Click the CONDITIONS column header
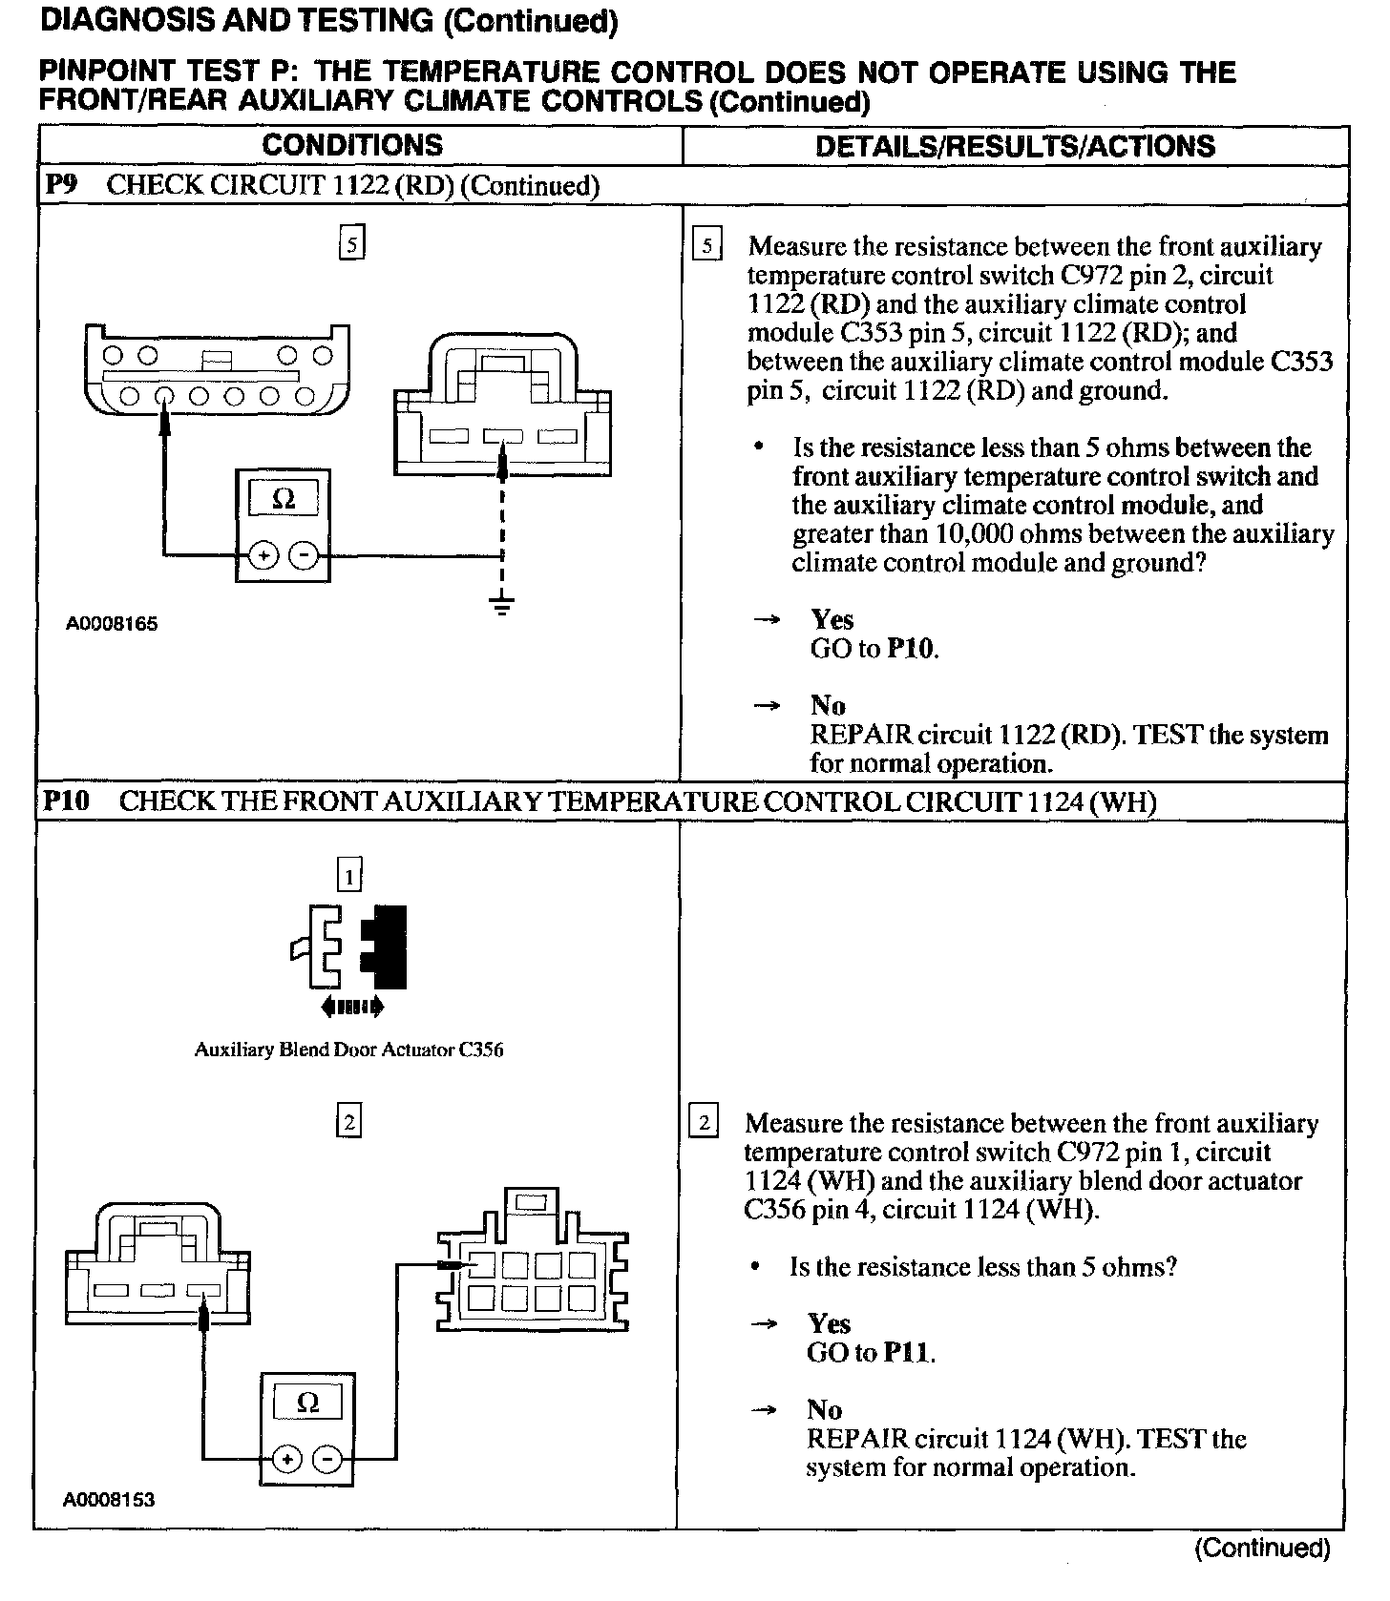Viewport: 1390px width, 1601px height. click(x=352, y=145)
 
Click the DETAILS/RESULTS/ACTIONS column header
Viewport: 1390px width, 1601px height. click(x=1015, y=146)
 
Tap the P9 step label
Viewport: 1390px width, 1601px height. click(x=61, y=184)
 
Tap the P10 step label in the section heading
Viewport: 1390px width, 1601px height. click(x=66, y=800)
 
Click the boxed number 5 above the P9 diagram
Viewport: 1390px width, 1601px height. click(x=352, y=245)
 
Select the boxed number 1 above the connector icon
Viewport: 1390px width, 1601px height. click(x=350, y=874)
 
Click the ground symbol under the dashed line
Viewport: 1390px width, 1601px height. click(x=502, y=605)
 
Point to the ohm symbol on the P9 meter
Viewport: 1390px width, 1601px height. click(x=284, y=499)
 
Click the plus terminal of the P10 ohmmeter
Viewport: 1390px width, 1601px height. click(x=286, y=1459)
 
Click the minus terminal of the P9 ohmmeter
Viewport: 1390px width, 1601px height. click(x=304, y=555)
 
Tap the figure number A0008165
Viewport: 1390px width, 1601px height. click(x=112, y=624)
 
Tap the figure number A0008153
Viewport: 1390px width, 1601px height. click(x=109, y=1499)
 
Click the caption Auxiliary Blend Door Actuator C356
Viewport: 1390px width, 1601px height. click(x=348, y=1050)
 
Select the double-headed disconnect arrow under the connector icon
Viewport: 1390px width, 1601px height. click(x=352, y=1005)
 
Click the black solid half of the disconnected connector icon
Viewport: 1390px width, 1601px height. click(x=386, y=946)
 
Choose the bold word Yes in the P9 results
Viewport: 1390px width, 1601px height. click(x=832, y=620)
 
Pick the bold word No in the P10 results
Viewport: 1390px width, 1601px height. click(x=825, y=1410)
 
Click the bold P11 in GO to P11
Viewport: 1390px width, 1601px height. click(x=906, y=1352)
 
